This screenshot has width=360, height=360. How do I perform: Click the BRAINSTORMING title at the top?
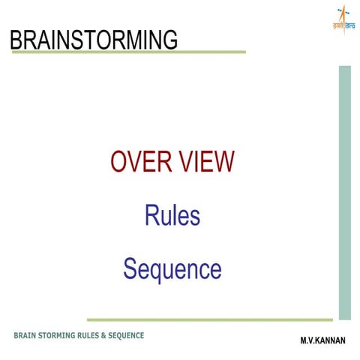94,38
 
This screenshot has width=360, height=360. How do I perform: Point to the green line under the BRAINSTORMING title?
127,52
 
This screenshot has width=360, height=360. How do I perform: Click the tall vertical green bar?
344,192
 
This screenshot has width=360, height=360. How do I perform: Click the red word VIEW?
205,162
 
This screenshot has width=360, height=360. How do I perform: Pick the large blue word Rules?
172,215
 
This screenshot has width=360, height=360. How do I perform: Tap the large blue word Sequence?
172,268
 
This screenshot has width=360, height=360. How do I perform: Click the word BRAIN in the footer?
25,334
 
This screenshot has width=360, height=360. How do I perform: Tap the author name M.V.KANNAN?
322,340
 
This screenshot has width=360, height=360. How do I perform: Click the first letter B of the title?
16,38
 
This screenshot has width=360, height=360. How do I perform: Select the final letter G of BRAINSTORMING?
170,38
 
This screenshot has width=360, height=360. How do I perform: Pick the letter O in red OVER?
118,162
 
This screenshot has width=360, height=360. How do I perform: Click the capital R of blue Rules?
151,215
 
